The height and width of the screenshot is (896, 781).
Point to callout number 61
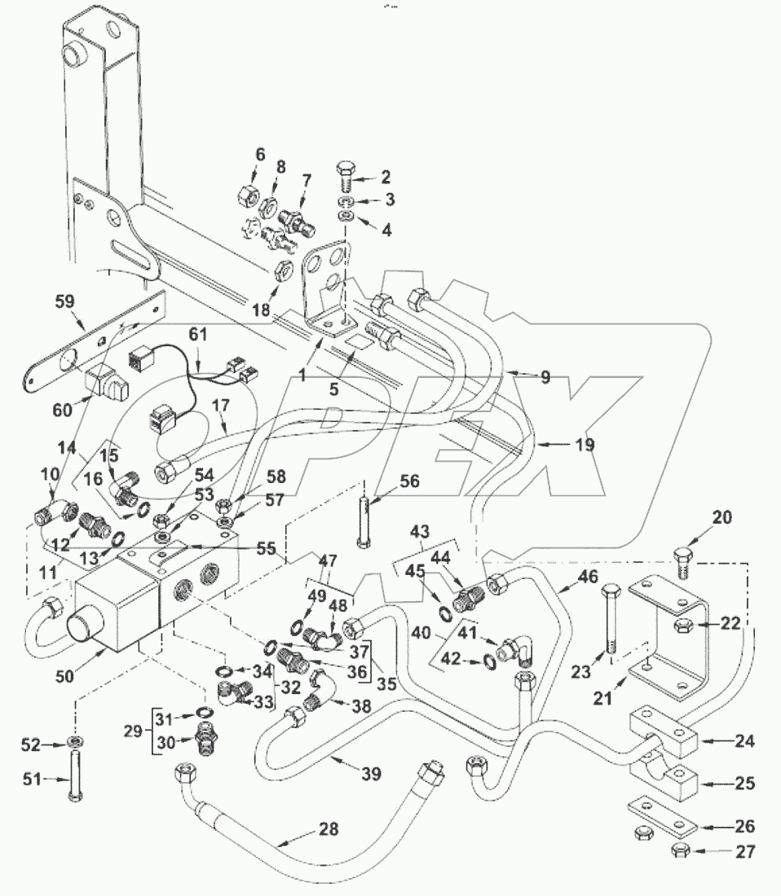(x=197, y=335)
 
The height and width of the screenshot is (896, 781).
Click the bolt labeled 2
(x=343, y=173)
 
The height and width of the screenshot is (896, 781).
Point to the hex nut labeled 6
(x=246, y=197)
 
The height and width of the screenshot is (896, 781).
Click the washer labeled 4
(x=346, y=216)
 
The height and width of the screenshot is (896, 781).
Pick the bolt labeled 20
(x=682, y=563)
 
